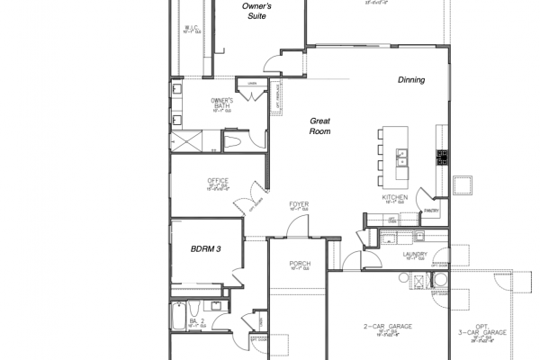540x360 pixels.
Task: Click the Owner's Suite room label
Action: [258, 11]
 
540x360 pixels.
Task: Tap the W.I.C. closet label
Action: [191, 27]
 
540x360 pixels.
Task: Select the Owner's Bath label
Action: [222, 103]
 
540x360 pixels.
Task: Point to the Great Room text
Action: [321, 126]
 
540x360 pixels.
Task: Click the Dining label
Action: [411, 80]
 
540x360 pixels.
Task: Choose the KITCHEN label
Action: [395, 196]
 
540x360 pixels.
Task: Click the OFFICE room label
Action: [218, 181]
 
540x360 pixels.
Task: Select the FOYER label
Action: [299, 204]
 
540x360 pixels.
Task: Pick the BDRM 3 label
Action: [207, 248]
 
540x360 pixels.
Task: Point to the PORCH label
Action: [300, 264]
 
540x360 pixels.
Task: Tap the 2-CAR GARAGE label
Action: [387, 326]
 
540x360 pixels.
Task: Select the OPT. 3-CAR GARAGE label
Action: [489, 329]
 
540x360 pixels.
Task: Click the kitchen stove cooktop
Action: [442, 157]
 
